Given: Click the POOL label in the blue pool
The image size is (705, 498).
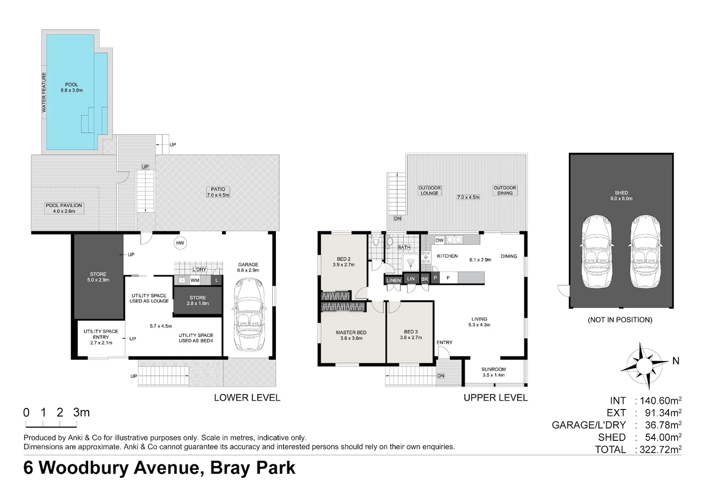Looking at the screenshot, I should [72, 85].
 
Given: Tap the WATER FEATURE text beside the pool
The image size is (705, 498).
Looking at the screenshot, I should [44, 93].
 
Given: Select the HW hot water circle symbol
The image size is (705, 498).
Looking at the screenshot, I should [180, 243].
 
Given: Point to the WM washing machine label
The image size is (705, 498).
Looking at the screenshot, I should [195, 280].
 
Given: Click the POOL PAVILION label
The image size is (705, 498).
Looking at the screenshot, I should [64, 206].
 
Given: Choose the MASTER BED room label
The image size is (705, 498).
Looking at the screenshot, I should [351, 332].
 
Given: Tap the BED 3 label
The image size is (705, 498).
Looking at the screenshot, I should [411, 332].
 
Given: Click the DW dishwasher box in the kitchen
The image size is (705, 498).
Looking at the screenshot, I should [439, 240].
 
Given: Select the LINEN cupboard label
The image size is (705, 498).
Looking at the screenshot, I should [394, 280].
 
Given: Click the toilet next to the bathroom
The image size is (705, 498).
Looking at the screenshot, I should [376, 241].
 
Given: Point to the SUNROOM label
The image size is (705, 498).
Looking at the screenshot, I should [493, 369].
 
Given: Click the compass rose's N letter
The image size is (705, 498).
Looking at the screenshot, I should [675, 361].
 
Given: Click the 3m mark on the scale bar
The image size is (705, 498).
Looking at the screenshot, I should [81, 412].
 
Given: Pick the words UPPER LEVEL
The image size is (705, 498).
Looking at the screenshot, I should [495, 397].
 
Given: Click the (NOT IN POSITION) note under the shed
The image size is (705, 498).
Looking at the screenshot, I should [620, 320].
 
